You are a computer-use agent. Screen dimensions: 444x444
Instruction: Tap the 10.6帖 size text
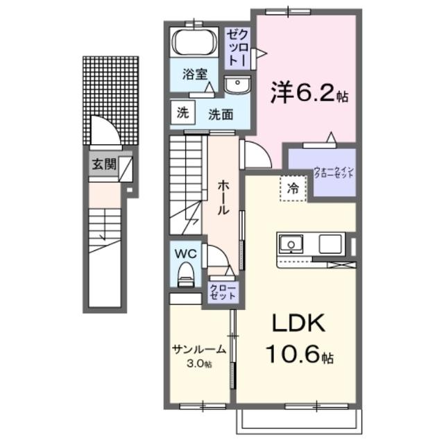coord(299,357)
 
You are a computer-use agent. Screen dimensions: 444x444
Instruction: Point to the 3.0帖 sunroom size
coord(199,364)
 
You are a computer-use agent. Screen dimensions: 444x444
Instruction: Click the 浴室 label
coord(194,74)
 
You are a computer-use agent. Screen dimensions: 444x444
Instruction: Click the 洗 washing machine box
coord(182,112)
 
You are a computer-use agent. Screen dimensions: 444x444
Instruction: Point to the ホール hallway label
coord(223,196)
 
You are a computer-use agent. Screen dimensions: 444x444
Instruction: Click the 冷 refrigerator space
coord(293,187)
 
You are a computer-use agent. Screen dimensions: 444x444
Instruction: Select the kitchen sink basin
coord(290,244)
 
